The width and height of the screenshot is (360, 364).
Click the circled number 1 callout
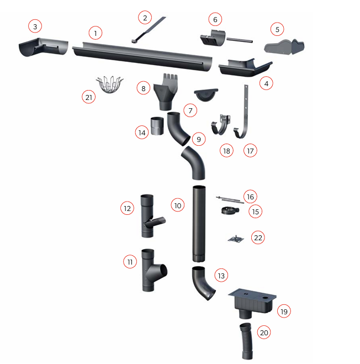96,33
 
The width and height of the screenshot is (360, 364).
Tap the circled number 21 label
89,97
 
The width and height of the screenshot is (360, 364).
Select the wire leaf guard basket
109,84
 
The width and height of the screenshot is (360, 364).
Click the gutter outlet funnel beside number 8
166,92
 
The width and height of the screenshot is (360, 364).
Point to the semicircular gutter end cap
206,94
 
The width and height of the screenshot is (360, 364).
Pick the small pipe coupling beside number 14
157,126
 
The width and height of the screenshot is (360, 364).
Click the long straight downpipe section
199,224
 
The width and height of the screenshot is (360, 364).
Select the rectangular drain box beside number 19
252,302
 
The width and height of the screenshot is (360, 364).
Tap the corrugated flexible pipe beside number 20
246,341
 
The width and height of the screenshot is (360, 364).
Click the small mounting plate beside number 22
236,239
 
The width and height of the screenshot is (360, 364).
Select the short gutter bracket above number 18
220,125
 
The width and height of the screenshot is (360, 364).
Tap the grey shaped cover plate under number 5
284,47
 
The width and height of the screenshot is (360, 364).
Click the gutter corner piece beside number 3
43,47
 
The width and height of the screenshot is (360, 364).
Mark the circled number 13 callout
221,276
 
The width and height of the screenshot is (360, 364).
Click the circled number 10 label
178,205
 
